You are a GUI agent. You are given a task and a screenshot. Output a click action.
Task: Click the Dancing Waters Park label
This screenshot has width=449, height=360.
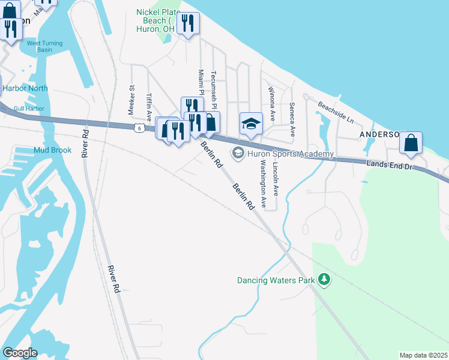click(277, 280)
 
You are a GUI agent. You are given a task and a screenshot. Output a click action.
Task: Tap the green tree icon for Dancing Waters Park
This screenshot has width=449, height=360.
click(324, 280)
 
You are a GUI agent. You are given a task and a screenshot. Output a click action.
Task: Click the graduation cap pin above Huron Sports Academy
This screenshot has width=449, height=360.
click(251, 124)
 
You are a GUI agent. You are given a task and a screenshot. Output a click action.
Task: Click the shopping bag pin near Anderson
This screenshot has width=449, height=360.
click(411, 143)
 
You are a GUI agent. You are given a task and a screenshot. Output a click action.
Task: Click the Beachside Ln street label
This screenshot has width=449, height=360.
click(336, 112)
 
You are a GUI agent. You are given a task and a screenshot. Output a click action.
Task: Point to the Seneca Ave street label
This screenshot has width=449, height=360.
click(292, 121)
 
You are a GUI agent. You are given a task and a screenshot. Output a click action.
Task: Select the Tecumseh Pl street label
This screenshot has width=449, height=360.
click(214, 88)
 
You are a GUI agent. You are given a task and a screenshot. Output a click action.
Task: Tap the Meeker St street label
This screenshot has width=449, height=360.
click(131, 99)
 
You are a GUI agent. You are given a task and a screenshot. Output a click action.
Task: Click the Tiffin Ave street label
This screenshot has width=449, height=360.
click(149, 107)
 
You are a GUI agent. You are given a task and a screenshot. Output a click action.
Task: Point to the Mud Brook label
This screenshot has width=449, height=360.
click(52, 150)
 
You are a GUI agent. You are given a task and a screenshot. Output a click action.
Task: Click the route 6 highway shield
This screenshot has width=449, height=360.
click(139, 128)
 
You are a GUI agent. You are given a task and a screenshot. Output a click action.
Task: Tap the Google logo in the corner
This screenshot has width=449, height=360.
click(20, 353)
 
